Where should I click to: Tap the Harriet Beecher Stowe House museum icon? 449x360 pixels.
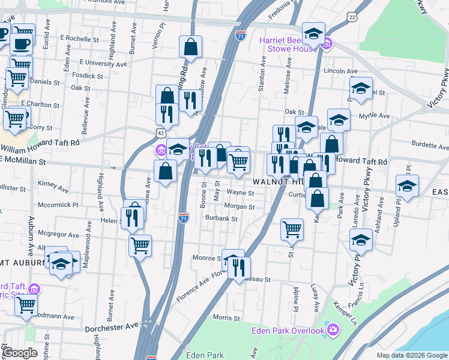coord(328,43)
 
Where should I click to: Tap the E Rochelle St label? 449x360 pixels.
coord(79,39)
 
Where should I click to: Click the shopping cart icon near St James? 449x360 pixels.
coord(292,228)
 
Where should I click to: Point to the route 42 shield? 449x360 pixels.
coord(160,132)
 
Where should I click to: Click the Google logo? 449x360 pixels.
coord(21,353)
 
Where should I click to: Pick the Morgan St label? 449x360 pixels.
coord(240,207)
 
